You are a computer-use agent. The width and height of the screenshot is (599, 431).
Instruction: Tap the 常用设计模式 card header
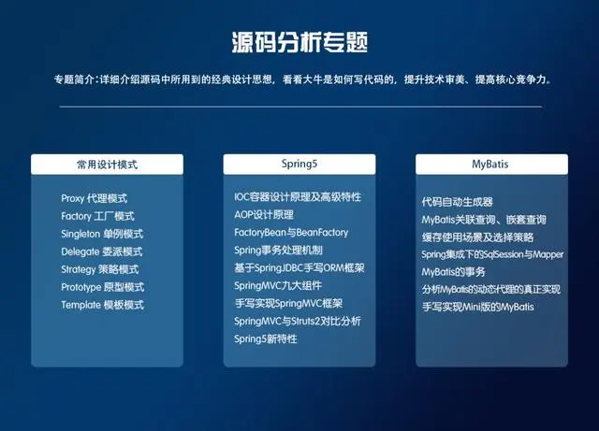coord(108,165)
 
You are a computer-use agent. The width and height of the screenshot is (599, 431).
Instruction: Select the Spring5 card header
coord(299,165)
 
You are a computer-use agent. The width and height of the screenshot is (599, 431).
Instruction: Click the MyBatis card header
coord(490,165)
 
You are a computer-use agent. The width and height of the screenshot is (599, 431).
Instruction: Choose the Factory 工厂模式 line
coord(97,216)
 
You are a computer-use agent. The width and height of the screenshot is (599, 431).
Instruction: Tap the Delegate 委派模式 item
coord(101,251)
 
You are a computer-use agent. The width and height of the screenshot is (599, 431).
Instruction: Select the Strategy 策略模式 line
coord(100,269)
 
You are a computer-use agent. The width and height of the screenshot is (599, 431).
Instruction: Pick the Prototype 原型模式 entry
coord(102,287)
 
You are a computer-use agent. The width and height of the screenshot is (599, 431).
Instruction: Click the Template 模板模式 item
coord(102,305)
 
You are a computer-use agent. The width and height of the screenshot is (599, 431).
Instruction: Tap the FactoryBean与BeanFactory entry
coord(291,232)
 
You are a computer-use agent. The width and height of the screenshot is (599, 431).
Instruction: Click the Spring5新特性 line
coord(266,338)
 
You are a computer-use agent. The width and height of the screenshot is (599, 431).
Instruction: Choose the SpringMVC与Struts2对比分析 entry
coord(298,321)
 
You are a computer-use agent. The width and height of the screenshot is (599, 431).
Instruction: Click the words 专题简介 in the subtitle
coord(77,79)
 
